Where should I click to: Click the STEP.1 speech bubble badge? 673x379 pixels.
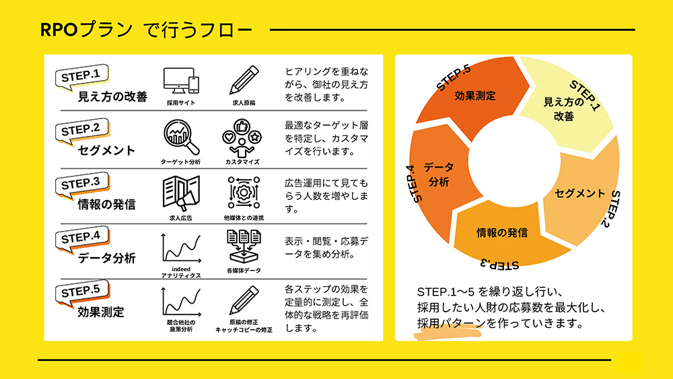pos(81,77)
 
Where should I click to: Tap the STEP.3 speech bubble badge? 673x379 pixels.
pos(81,185)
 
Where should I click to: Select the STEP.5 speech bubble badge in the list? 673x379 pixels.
pos(81,293)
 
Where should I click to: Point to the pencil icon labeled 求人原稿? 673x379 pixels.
pos(244,80)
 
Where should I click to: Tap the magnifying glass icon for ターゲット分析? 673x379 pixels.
pos(180,137)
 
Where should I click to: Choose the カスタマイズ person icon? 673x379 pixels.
pos(242,138)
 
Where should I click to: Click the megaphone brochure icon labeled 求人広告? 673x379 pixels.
pos(180,194)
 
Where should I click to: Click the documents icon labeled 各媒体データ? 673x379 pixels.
pos(244,246)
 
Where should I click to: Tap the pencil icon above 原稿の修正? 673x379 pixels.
pos(244,300)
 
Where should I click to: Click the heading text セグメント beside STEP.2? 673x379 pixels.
pos(106,150)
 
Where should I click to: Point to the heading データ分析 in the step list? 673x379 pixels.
pos(107,258)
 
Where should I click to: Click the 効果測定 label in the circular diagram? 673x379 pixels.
pos(475,96)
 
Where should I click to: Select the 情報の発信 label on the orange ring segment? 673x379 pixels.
pos(502,233)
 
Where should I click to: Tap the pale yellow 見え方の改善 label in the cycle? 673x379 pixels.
pos(563,109)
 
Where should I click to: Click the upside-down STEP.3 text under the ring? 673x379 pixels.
pos(499,264)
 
